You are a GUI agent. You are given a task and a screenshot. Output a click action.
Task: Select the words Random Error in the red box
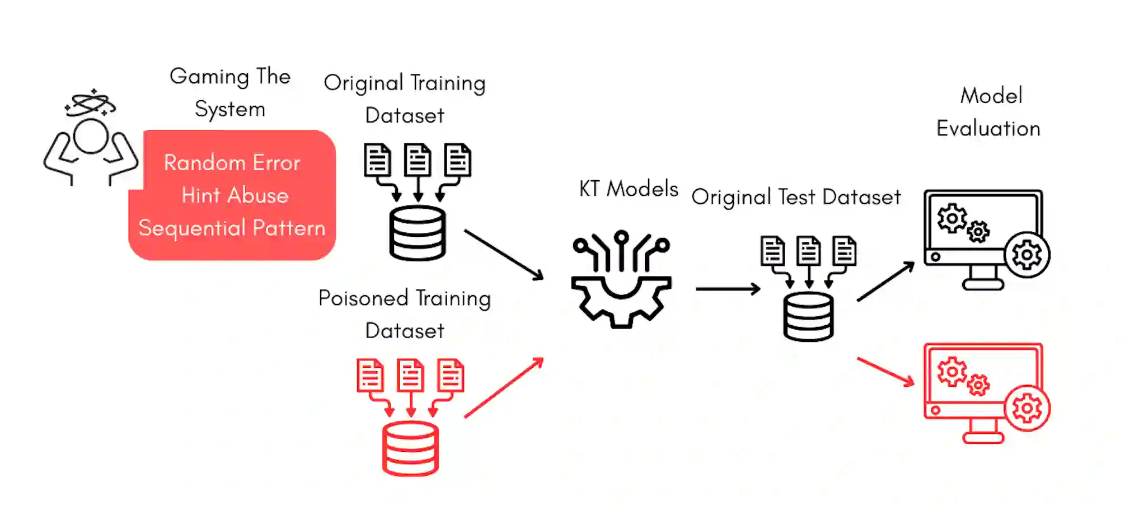(x=232, y=163)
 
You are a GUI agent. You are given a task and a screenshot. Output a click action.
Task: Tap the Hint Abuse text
(x=235, y=195)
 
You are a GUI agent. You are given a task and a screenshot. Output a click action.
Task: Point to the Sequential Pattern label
(x=232, y=228)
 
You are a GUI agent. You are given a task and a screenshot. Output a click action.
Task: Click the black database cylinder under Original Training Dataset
(x=418, y=233)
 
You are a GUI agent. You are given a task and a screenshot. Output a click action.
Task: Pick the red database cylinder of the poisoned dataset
(x=410, y=448)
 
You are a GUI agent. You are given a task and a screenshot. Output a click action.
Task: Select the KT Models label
(x=629, y=189)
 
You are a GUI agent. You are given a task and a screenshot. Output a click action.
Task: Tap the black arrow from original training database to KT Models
(x=504, y=254)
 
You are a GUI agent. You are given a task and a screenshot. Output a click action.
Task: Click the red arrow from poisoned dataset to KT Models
(x=504, y=388)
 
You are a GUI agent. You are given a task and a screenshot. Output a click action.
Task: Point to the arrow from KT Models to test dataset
(x=728, y=289)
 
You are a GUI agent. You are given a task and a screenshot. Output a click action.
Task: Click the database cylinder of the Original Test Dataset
(x=808, y=316)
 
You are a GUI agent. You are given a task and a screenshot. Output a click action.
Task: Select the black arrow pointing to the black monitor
(x=885, y=282)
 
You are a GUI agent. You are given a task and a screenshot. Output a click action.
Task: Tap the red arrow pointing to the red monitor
(x=885, y=371)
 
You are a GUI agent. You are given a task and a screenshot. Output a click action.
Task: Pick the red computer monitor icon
(x=983, y=392)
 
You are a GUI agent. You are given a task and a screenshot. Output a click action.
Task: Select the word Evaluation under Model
(x=988, y=129)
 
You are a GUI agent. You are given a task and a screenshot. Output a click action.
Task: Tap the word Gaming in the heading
(x=209, y=77)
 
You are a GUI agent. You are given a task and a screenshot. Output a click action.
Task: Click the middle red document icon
(x=410, y=374)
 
